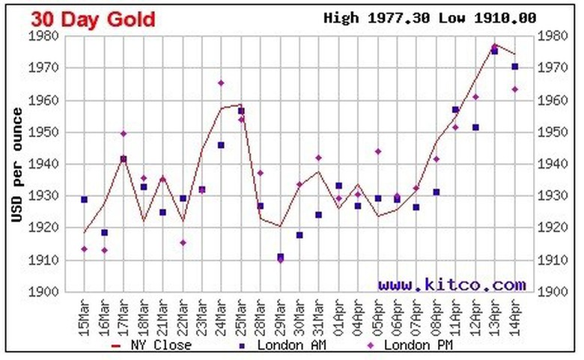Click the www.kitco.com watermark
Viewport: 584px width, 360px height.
(451, 284)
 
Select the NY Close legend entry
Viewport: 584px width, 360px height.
(150, 345)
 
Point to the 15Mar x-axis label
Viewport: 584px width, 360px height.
(85, 314)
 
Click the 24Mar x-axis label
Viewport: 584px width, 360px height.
(222, 314)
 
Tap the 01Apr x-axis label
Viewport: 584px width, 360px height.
(338, 314)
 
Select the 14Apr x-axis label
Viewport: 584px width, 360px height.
(515, 314)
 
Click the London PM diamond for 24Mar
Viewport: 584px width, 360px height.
(221, 83)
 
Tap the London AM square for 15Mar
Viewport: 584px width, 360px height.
(84, 200)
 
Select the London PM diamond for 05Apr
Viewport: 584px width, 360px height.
(378, 151)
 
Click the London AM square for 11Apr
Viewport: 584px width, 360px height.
(455, 110)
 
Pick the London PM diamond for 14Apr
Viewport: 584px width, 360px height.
(515, 89)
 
